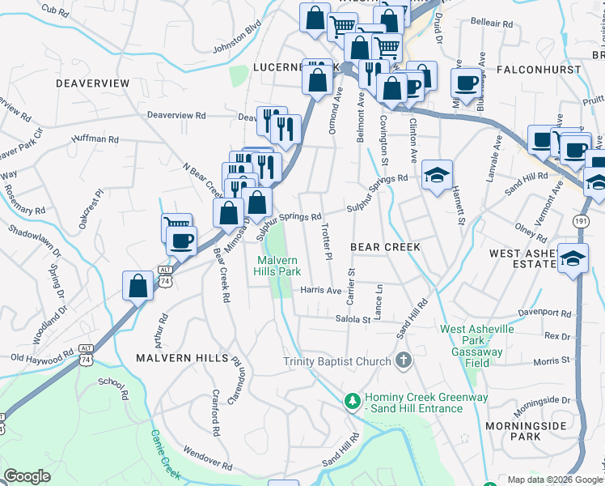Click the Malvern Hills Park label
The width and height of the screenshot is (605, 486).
(279, 266)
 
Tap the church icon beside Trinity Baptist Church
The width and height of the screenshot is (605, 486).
(404, 360)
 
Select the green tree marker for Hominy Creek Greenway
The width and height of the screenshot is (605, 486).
(353, 400)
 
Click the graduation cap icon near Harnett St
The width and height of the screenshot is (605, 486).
(437, 175)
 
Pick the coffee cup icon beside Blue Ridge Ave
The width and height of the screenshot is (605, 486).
(467, 83)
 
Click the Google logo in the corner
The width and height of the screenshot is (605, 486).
(27, 476)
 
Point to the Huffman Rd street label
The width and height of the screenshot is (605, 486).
(95, 139)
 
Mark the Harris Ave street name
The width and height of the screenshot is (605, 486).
(320, 290)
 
